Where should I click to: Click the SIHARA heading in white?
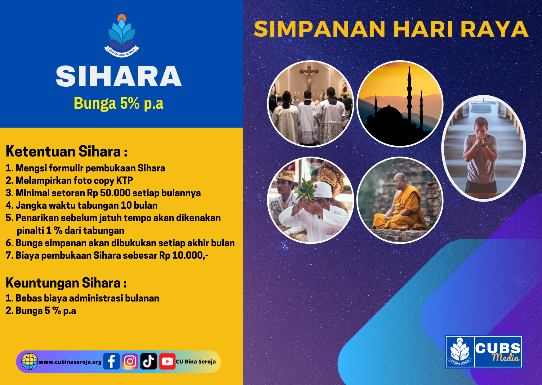click(x=119, y=76)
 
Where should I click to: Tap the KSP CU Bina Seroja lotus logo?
click(x=122, y=36)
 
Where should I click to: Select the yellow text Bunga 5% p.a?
click(x=118, y=103)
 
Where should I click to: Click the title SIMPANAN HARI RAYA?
click(x=391, y=29)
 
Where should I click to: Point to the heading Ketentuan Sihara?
click(x=66, y=152)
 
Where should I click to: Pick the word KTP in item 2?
click(x=125, y=180)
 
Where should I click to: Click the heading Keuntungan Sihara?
click(x=66, y=283)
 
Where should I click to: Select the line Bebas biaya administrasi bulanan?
click(x=82, y=298)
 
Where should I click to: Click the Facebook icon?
click(x=111, y=361)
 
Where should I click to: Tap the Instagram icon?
click(x=130, y=361)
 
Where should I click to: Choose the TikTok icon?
click(x=149, y=361)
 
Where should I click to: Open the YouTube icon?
click(x=167, y=361)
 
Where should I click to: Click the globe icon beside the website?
click(x=29, y=361)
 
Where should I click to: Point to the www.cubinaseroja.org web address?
click(x=70, y=362)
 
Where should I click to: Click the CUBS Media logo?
click(x=484, y=352)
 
